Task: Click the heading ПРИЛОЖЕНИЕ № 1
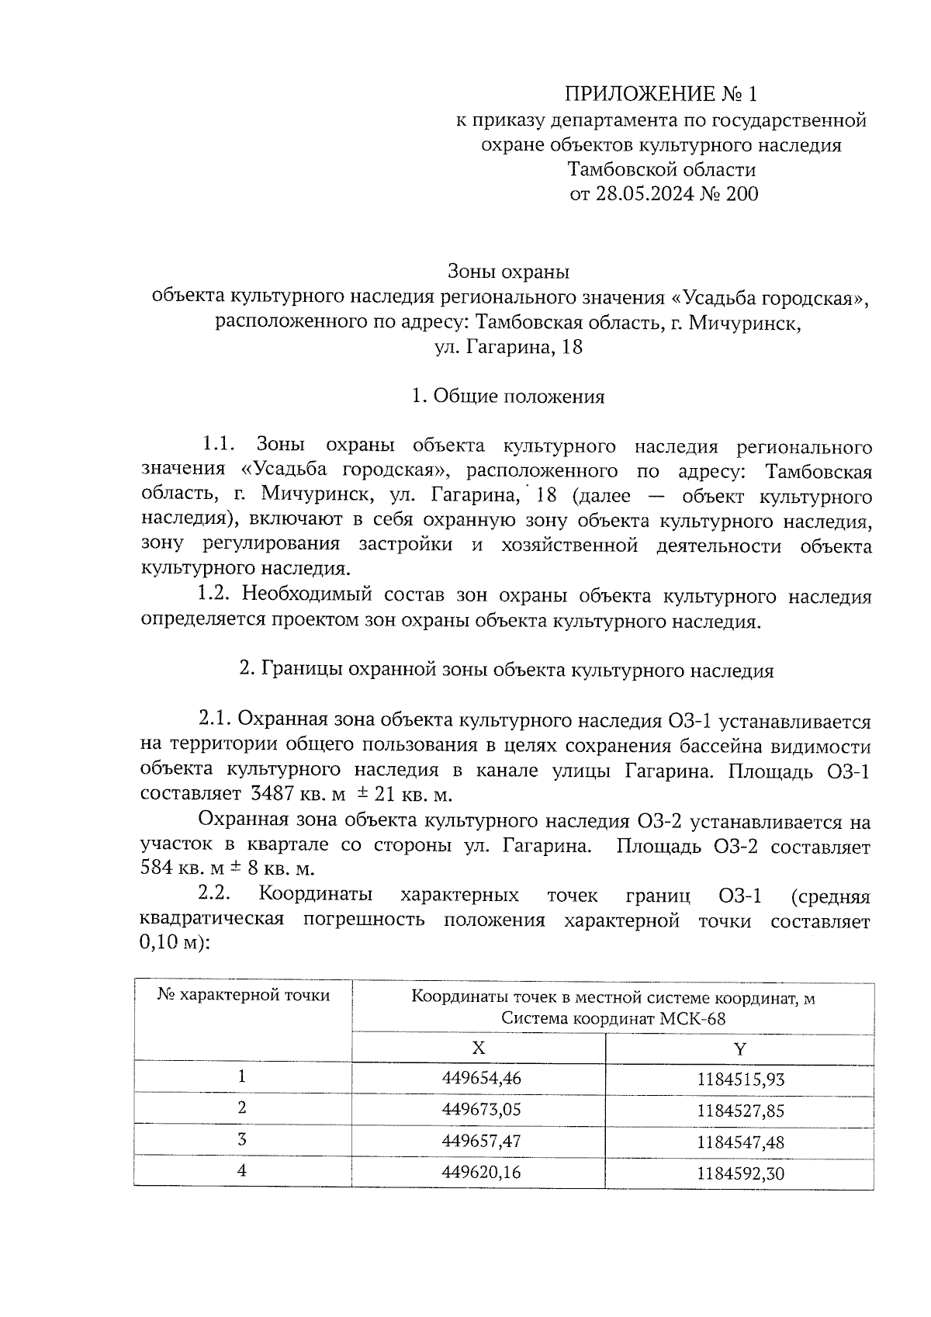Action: (x=659, y=95)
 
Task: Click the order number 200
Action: (x=742, y=194)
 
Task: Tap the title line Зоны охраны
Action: (x=508, y=272)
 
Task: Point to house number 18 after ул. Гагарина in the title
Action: (x=571, y=347)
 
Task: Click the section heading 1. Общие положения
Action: (x=508, y=397)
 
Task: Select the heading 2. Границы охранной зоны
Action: (x=506, y=671)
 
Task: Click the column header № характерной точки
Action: (x=243, y=995)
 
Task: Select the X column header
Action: (x=479, y=1048)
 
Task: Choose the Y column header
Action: (x=739, y=1048)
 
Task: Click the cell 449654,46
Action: (x=479, y=1077)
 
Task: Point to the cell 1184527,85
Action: (x=739, y=1110)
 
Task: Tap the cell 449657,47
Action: (x=479, y=1141)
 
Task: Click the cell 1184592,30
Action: (x=739, y=1173)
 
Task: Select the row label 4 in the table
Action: (x=243, y=1171)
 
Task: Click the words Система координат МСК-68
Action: (x=613, y=1019)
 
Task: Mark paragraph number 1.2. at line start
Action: (x=215, y=596)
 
